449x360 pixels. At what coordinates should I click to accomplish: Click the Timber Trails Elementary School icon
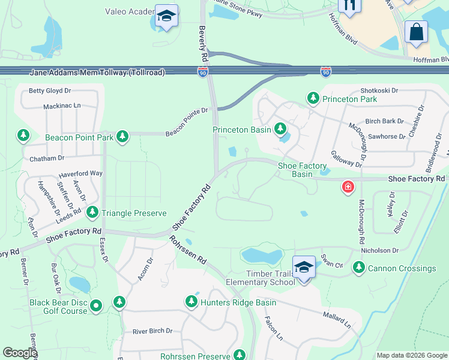pyautogui.click(x=304, y=266)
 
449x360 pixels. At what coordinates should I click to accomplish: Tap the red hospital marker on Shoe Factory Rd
pyautogui.click(x=348, y=187)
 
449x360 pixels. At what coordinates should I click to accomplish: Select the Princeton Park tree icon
pyautogui.click(x=313, y=98)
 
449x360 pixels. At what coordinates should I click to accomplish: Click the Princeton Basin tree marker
pyautogui.click(x=280, y=128)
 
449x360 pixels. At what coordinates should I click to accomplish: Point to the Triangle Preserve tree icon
pyautogui.click(x=92, y=212)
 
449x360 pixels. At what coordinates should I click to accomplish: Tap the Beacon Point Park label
pyautogui.click(x=79, y=137)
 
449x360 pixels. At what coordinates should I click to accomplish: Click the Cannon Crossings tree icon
pyautogui.click(x=359, y=268)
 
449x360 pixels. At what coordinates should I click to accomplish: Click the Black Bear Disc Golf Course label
pyautogui.click(x=58, y=307)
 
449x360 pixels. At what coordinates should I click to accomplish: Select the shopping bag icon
pyautogui.click(x=416, y=31)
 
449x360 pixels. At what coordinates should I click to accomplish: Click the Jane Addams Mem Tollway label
pyautogui.click(x=97, y=73)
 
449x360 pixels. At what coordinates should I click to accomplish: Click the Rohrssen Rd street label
pyautogui.click(x=188, y=250)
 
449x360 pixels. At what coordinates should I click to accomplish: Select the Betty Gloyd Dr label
pyautogui.click(x=50, y=91)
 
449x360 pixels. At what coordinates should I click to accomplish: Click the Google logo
pyautogui.click(x=20, y=353)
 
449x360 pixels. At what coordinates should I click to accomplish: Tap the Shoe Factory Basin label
pyautogui.click(x=302, y=170)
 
